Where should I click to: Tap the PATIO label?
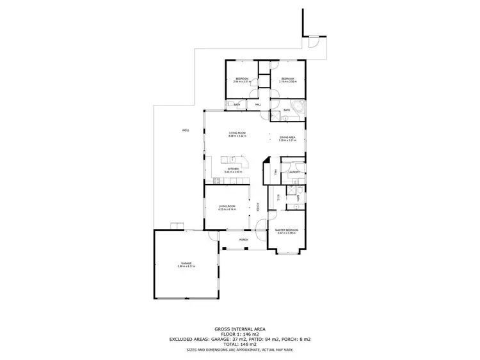point(186,130)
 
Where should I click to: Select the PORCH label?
point(243,240)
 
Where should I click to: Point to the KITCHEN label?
point(233,169)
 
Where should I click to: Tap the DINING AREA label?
point(287,137)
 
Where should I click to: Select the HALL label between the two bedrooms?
point(259,105)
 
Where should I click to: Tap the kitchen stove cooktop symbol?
point(218,181)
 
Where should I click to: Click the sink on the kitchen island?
point(235,159)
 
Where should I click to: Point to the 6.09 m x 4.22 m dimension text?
point(238,136)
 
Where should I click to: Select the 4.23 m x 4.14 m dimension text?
point(227,210)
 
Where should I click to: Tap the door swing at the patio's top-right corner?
point(313,42)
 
